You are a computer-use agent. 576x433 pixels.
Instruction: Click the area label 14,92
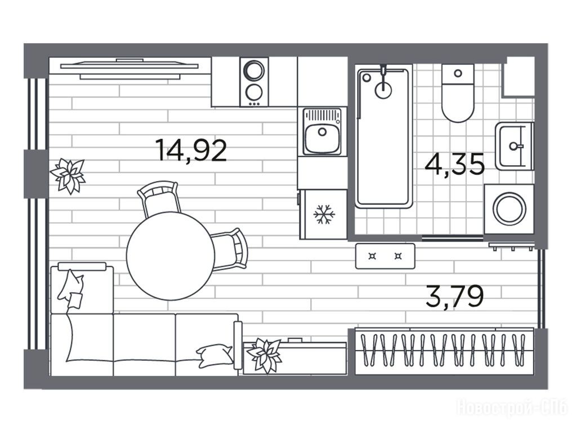(191, 150)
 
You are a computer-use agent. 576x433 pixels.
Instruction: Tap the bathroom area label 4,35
(454, 165)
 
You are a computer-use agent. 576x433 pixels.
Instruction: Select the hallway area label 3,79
(455, 297)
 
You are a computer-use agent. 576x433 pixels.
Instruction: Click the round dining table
(171, 255)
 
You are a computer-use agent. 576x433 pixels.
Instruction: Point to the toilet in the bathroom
(458, 93)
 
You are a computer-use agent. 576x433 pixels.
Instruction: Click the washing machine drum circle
(509, 208)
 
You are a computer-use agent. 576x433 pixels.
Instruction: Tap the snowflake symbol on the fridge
(324, 214)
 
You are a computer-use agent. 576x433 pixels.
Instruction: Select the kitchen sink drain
(322, 131)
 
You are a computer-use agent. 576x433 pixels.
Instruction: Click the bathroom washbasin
(514, 146)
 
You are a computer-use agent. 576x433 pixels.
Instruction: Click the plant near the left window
(68, 175)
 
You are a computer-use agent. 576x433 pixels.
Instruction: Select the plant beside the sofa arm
(264, 355)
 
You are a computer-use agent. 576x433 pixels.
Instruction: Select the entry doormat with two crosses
(385, 256)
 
